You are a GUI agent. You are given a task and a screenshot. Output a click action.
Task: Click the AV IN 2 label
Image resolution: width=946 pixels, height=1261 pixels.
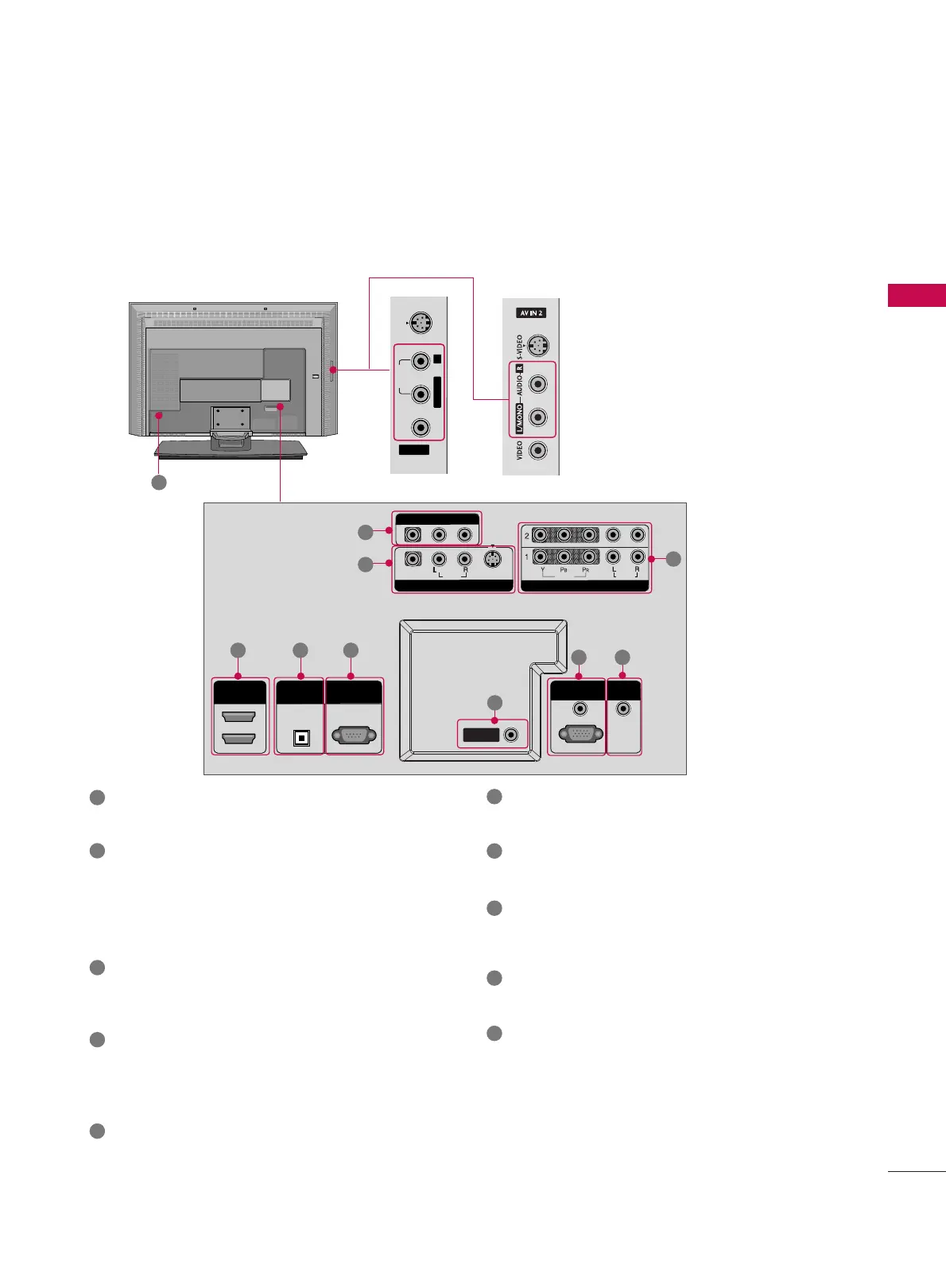[531, 313]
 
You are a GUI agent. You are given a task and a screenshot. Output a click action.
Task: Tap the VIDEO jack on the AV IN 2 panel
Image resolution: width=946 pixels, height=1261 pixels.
[539, 451]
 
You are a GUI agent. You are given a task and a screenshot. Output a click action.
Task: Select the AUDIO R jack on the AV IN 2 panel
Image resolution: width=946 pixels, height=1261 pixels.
[539, 384]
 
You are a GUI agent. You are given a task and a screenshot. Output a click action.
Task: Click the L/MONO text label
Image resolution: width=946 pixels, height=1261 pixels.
[520, 418]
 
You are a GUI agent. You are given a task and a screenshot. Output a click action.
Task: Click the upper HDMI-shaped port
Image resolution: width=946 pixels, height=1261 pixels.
[239, 717]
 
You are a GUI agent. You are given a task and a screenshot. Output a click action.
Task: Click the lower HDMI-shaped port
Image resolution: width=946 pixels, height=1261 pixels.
[239, 739]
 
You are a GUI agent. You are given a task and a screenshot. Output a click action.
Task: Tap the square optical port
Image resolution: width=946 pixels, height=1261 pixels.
[300, 738]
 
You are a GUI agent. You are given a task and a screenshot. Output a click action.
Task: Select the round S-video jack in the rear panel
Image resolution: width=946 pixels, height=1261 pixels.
[492, 559]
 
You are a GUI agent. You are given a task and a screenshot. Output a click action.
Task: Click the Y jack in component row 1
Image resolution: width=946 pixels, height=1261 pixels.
[541, 557]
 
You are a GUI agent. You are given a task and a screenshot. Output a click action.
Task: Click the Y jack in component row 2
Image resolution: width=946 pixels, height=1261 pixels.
[541, 535]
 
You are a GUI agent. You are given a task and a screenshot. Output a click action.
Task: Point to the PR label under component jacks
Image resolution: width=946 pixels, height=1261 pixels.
[586, 570]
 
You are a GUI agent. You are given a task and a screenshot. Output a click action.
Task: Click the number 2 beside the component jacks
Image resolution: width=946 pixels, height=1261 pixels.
[526, 536]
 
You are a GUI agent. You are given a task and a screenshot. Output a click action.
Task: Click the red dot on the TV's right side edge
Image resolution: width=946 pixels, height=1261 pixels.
[334, 369]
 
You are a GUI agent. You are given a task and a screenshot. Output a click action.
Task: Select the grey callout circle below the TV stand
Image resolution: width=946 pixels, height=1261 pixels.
[159, 482]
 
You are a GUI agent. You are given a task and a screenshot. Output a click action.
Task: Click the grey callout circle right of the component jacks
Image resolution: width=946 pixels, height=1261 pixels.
[673, 559]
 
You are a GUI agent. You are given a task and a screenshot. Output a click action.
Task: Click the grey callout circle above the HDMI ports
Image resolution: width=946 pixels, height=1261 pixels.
[238, 650]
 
